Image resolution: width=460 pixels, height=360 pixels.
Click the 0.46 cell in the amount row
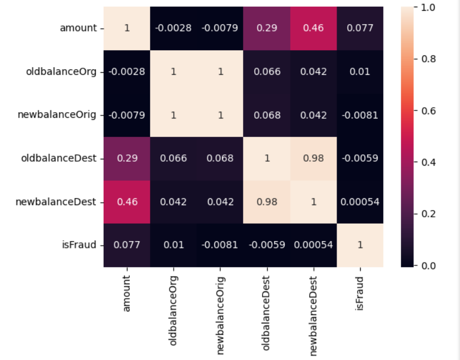click(x=313, y=28)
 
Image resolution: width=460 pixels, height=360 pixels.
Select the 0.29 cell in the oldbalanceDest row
click(x=127, y=158)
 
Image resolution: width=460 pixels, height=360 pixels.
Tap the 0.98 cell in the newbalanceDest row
click(x=267, y=202)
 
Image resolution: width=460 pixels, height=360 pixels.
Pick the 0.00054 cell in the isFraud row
click(x=313, y=245)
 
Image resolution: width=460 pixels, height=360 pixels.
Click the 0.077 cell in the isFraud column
click(x=360, y=28)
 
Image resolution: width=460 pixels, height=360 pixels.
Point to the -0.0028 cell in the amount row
click(x=174, y=28)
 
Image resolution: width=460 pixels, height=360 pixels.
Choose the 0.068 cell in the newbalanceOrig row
click(x=267, y=115)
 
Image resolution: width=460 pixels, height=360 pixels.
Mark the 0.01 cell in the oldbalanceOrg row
click(x=360, y=72)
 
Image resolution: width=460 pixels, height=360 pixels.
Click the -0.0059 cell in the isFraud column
click(x=360, y=158)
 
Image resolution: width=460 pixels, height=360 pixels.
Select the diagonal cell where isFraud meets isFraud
click(x=360, y=245)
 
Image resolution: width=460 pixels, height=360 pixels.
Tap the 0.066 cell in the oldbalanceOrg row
click(x=267, y=72)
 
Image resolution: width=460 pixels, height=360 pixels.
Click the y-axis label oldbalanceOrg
click(x=62, y=72)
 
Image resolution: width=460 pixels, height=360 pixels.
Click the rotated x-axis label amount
click(x=127, y=293)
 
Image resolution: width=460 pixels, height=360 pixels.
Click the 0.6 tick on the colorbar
click(x=428, y=110)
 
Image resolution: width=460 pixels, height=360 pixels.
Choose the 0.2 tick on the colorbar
click(x=428, y=214)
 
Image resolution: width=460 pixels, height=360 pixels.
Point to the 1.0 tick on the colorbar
click(x=428, y=7)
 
